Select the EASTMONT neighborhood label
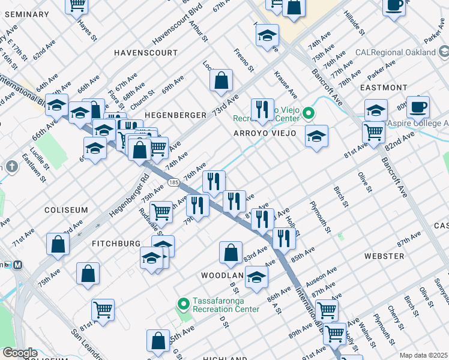coord(384,88)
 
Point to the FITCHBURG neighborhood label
coord(116,243)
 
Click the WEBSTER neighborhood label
coord(384,256)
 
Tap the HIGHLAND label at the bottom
coord(225,357)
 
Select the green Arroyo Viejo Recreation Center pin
coord(309,113)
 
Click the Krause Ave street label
coord(286,85)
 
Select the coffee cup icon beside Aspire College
coord(418,107)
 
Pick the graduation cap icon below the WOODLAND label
coord(256,277)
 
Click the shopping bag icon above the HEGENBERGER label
coord(221,80)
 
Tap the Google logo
coord(20,353)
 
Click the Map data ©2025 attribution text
coord(423,355)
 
